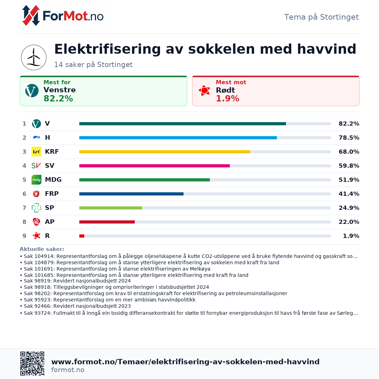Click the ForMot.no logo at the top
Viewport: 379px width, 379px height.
(x=62, y=16)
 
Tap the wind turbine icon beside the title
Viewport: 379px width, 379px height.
(x=34, y=58)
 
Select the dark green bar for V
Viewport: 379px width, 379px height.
(x=182, y=124)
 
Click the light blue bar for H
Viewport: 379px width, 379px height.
(x=178, y=138)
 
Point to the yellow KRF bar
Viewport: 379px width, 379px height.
(x=165, y=152)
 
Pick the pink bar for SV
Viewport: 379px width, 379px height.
(x=154, y=166)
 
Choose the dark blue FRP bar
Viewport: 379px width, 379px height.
(x=131, y=194)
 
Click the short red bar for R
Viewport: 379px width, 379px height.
(x=82, y=236)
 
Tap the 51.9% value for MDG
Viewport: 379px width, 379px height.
(x=349, y=180)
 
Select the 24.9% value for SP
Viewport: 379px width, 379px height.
(x=349, y=208)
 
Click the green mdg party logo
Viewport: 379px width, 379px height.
(x=36, y=180)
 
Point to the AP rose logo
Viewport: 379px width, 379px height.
(x=36, y=222)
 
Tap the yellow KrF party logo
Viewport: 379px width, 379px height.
(x=36, y=152)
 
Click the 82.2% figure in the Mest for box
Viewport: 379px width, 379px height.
(x=58, y=99)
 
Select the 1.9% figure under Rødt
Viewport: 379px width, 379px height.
(x=227, y=99)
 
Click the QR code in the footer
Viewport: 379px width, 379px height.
(x=32, y=364)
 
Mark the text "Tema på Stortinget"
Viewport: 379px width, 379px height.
(x=321, y=17)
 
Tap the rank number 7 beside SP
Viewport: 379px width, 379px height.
(x=24, y=208)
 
